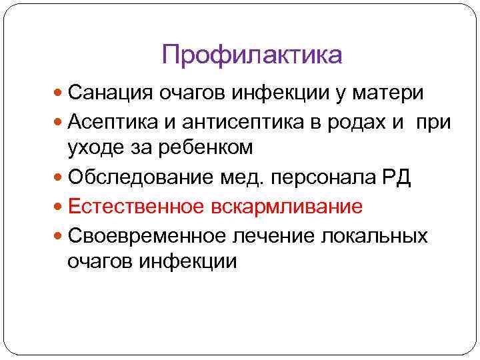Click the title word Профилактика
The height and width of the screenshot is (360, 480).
coord(252,55)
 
